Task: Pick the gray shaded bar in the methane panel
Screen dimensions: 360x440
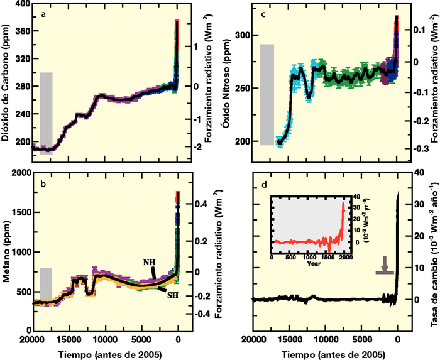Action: [x=46, y=285]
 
